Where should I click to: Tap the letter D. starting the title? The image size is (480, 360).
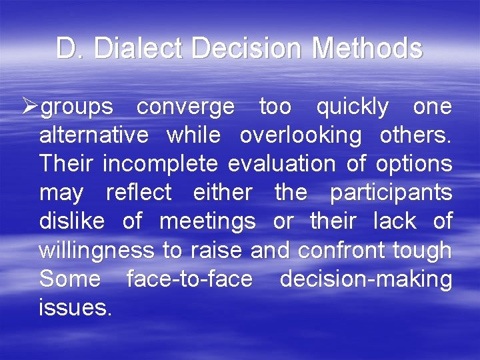(70, 49)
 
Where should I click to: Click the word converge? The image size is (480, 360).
(185, 107)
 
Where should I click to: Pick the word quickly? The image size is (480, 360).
(352, 107)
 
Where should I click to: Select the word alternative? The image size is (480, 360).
(94, 135)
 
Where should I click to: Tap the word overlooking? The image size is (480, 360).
(300, 135)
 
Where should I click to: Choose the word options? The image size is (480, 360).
(414, 164)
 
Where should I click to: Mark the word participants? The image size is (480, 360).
(391, 193)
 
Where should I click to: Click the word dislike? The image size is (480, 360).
(72, 221)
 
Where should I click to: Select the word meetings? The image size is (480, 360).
(207, 221)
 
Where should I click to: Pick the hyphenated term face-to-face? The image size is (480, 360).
(189, 279)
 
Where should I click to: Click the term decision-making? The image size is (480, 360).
(366, 279)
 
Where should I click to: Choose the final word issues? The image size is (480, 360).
(75, 307)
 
